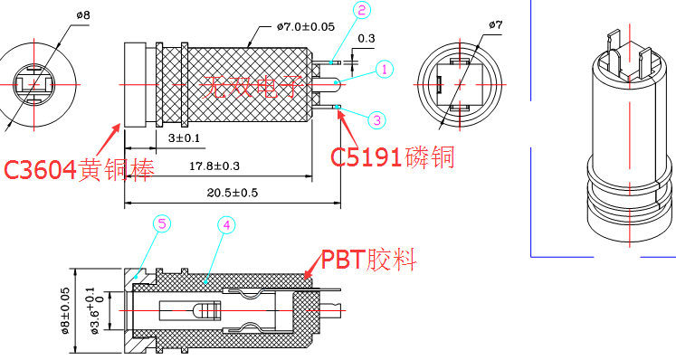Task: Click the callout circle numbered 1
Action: tap(385, 69)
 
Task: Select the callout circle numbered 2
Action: tap(362, 10)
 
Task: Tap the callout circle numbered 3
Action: tap(376, 120)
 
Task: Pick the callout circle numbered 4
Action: tap(226, 225)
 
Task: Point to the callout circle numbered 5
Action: tap(162, 223)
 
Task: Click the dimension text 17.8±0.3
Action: tap(214, 166)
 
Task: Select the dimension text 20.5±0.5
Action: tap(233, 193)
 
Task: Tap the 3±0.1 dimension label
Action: tap(184, 138)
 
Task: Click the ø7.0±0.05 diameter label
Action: tap(306, 27)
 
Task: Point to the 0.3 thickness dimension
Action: tap(366, 38)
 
